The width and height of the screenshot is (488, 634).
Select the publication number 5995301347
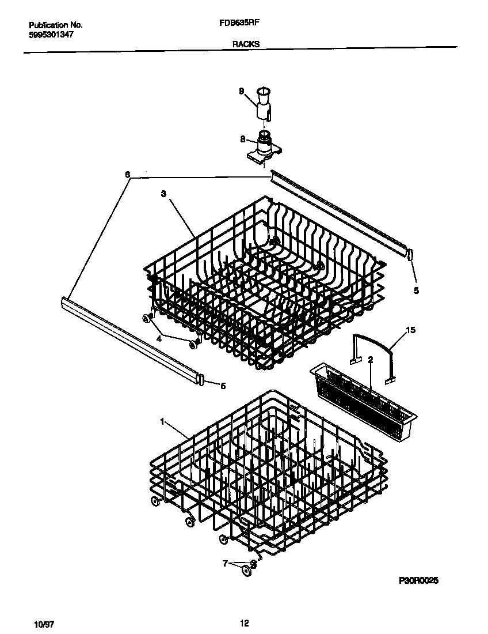pos(51,34)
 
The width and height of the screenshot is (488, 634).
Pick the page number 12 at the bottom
pos(244,623)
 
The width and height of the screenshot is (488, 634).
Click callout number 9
pos(242,90)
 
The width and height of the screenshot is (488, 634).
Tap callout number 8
pos(242,139)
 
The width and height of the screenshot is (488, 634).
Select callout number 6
pos(127,174)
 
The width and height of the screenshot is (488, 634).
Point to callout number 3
pos(163,194)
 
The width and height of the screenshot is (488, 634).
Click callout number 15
pos(410,330)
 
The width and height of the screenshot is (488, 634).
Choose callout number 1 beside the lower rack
pos(163,422)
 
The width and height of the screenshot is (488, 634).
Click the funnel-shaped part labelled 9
pos(264,101)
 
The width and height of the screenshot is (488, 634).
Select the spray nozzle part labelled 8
pos(264,144)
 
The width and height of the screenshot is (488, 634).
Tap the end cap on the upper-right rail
pos(410,254)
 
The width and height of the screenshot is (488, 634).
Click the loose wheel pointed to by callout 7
pos(247,571)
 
